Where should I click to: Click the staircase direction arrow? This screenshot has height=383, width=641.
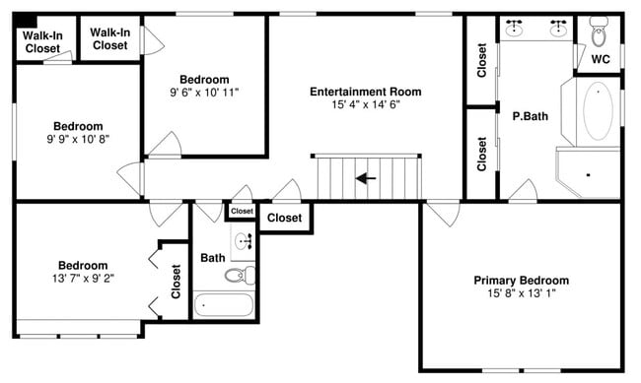(366, 178)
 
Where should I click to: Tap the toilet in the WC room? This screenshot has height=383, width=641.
(599, 32)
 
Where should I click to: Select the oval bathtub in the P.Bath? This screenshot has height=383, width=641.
(598, 111)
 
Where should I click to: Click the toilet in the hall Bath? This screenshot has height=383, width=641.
(241, 275)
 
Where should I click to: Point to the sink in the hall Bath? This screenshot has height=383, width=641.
(244, 242)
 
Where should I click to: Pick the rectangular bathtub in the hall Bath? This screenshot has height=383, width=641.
(223, 304)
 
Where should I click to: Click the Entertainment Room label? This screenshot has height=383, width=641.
(366, 92)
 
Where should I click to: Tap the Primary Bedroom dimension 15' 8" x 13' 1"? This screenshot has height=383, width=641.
(522, 293)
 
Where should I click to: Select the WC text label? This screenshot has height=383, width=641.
(601, 59)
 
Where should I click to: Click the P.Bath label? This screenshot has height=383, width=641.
(531, 116)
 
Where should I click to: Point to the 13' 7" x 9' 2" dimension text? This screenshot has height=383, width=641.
(83, 279)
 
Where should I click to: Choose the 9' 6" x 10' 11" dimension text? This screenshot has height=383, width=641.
(204, 93)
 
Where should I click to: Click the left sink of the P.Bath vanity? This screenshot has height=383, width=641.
(513, 28)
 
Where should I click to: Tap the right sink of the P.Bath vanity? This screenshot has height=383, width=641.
(557, 28)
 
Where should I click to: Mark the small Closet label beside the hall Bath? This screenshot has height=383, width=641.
(242, 211)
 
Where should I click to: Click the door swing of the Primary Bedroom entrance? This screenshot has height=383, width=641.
(443, 214)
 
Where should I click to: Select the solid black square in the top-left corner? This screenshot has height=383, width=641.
(25, 21)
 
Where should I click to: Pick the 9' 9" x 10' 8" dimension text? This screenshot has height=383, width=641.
(78, 139)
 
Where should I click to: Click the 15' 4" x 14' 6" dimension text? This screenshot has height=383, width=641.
(366, 104)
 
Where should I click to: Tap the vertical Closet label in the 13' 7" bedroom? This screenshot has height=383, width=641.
(176, 282)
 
